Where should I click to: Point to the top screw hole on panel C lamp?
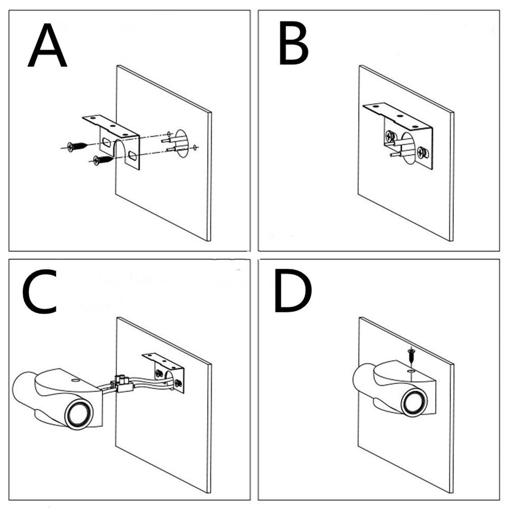click(x=75, y=379)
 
